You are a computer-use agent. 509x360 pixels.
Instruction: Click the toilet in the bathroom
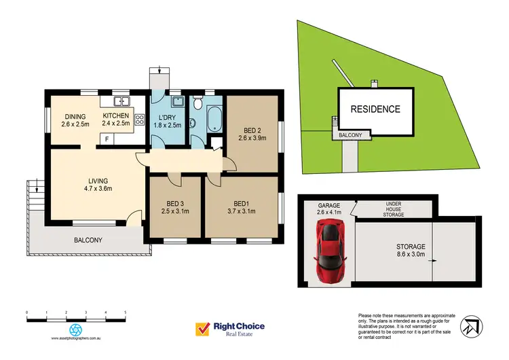point(197,104)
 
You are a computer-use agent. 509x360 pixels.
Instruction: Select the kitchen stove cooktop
point(140,120)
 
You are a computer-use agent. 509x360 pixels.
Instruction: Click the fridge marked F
point(107,139)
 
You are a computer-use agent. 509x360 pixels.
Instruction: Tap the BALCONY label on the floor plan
point(88,240)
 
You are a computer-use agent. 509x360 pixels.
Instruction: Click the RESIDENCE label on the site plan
point(375,109)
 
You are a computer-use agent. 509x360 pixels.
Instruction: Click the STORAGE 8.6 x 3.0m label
point(411,251)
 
